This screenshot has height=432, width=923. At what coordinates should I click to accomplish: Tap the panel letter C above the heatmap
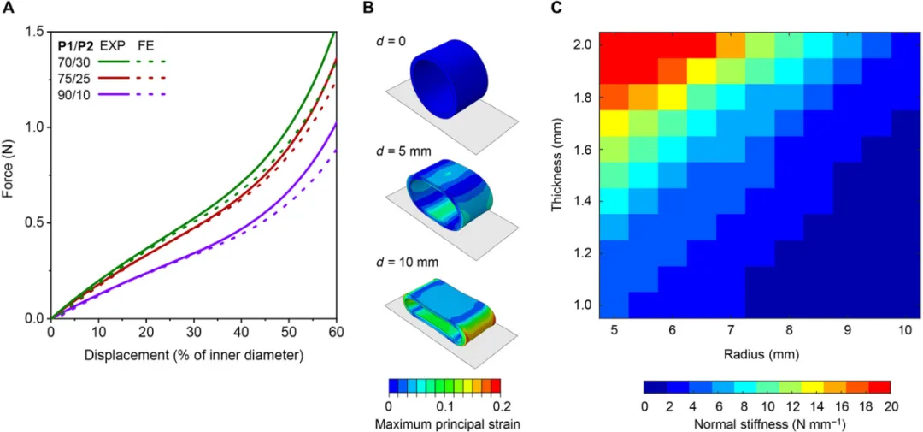[x=556, y=9]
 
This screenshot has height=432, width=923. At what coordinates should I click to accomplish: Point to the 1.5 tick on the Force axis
[x=35, y=32]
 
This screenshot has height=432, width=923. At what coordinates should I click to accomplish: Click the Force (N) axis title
[x=9, y=175]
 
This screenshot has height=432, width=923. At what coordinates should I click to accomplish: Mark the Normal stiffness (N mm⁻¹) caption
[x=766, y=423]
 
